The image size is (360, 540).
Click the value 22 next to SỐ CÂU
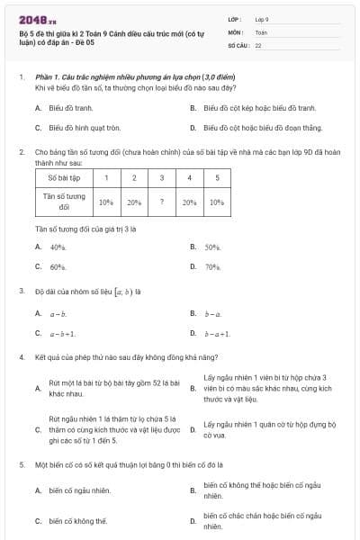[x=258, y=44]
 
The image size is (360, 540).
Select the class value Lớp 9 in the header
[x=262, y=19]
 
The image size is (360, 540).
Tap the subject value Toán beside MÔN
[x=261, y=31]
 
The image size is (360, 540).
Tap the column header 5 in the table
[x=217, y=178]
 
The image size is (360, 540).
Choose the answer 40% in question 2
[x=58, y=247]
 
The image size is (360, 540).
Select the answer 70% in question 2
[x=212, y=267]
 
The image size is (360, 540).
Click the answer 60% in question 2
[x=58, y=267]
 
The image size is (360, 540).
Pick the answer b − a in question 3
[x=211, y=313]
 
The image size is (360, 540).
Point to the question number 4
[x=21, y=357]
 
